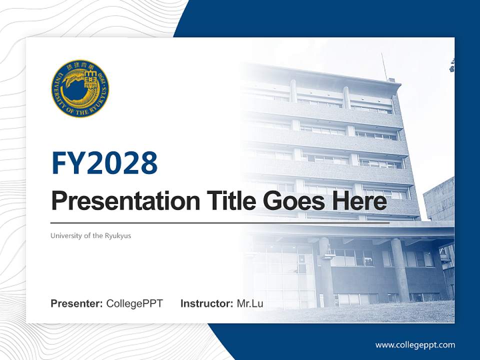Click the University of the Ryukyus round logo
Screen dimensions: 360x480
click(x=80, y=89)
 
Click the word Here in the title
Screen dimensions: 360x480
click(x=358, y=201)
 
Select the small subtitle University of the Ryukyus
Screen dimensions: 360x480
click(x=90, y=235)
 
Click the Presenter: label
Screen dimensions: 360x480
click(x=77, y=303)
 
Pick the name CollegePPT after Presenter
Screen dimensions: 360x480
click(x=134, y=303)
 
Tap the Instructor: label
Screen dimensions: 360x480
click(x=206, y=303)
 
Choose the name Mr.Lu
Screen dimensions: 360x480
click(x=250, y=303)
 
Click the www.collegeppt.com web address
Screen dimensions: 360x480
click(x=415, y=344)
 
